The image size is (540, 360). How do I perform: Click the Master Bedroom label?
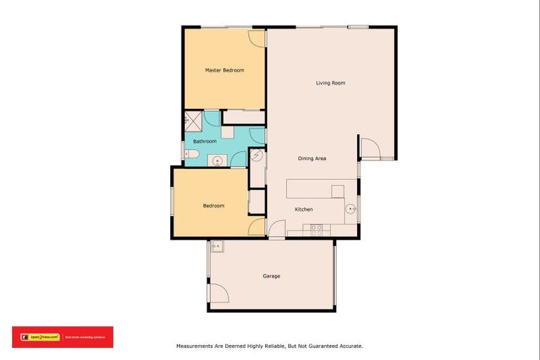click(x=224, y=70)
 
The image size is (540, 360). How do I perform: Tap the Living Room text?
click(x=330, y=83)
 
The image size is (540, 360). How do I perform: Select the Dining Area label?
click(x=311, y=158)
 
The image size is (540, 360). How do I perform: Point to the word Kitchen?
click(x=304, y=210)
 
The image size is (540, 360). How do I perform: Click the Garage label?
click(x=271, y=276)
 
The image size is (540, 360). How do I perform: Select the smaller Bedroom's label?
click(x=213, y=205)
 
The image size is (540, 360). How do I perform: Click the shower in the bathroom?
click(x=193, y=120)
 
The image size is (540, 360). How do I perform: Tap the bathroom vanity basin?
click(x=217, y=160)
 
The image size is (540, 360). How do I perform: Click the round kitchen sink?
click(x=349, y=208)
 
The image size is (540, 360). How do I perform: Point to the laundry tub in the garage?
click(x=217, y=246)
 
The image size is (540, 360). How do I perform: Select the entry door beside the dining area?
click(x=368, y=147)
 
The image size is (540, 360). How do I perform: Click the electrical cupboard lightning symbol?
click(x=257, y=155)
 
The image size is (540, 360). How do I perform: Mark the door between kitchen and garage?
click(x=277, y=229)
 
